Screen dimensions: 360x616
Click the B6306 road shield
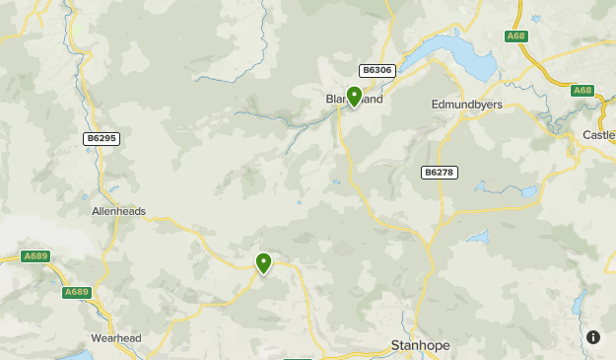[377, 70]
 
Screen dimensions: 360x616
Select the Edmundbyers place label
[467, 104]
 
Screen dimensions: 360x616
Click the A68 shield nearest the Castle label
[582, 91]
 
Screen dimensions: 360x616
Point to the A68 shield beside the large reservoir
[516, 36]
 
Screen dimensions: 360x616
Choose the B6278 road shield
[440, 173]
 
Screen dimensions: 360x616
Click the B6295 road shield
[101, 139]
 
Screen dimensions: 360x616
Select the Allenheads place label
[119, 211]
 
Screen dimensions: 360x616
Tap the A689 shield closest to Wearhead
[76, 292]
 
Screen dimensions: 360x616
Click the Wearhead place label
[116, 338]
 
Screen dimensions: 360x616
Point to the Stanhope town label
[421, 346]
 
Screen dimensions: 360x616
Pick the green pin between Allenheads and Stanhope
[263, 263]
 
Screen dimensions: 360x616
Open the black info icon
[593, 337]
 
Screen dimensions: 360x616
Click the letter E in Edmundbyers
[435, 104]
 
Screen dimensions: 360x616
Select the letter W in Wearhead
[96, 338]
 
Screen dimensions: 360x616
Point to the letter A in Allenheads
[95, 211]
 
